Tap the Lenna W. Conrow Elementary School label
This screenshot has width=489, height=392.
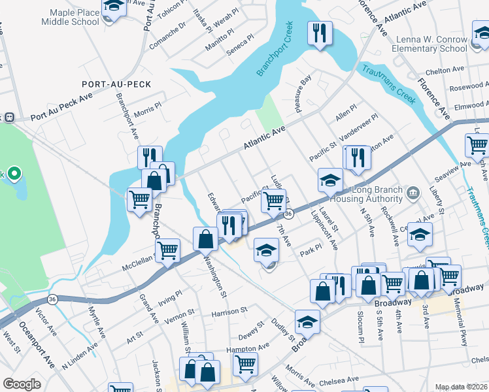pos(430,43)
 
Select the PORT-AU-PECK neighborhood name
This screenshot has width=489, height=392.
pos(108,84)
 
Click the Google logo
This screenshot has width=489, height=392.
pos(22,384)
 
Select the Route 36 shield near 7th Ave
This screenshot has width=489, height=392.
pos(288,214)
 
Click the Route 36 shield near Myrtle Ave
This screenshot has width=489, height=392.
pos(52,299)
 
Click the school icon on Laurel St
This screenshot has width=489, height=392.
pos(331,180)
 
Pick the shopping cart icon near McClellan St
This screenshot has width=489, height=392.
pos(168,250)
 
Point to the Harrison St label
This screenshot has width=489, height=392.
pos(229,312)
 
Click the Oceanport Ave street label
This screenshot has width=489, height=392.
pos(45,355)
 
